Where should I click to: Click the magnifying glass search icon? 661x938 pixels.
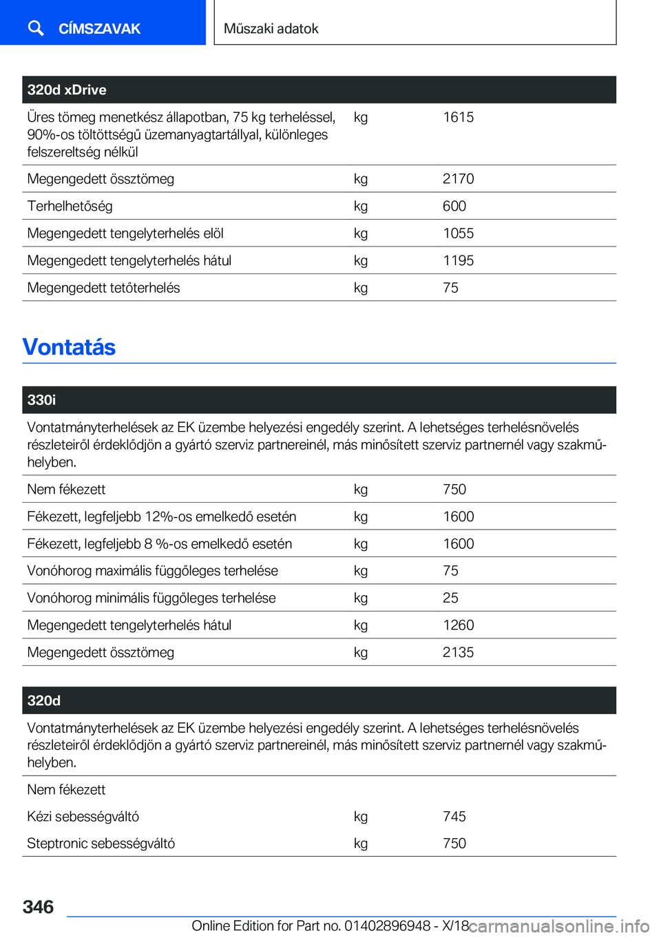[x=36, y=28]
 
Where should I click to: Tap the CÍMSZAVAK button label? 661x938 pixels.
[x=99, y=29]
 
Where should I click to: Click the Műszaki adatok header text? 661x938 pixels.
[x=271, y=29]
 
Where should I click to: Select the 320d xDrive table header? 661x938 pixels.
[x=67, y=90]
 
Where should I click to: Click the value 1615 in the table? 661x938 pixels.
[x=458, y=117]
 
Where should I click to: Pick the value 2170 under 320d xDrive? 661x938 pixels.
[x=458, y=179]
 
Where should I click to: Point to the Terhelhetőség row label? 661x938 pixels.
[x=70, y=206]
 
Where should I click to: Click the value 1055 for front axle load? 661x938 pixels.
[x=458, y=233]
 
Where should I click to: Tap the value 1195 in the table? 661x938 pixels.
[x=458, y=260]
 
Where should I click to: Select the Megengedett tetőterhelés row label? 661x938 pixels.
[x=103, y=288]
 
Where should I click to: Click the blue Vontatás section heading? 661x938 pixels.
[x=69, y=347]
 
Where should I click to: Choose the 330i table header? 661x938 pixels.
[x=41, y=400]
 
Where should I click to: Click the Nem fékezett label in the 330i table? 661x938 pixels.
[x=66, y=490]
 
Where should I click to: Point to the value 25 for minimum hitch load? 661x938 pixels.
[x=450, y=598]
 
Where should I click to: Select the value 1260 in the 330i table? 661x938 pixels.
[x=458, y=625]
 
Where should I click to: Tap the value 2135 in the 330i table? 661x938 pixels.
[x=458, y=652]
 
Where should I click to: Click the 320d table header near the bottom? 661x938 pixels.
[x=44, y=700]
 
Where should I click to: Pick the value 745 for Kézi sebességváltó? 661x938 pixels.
[x=454, y=817]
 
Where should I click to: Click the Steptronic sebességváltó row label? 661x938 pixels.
[x=101, y=844]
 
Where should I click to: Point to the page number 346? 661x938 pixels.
[x=38, y=907]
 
